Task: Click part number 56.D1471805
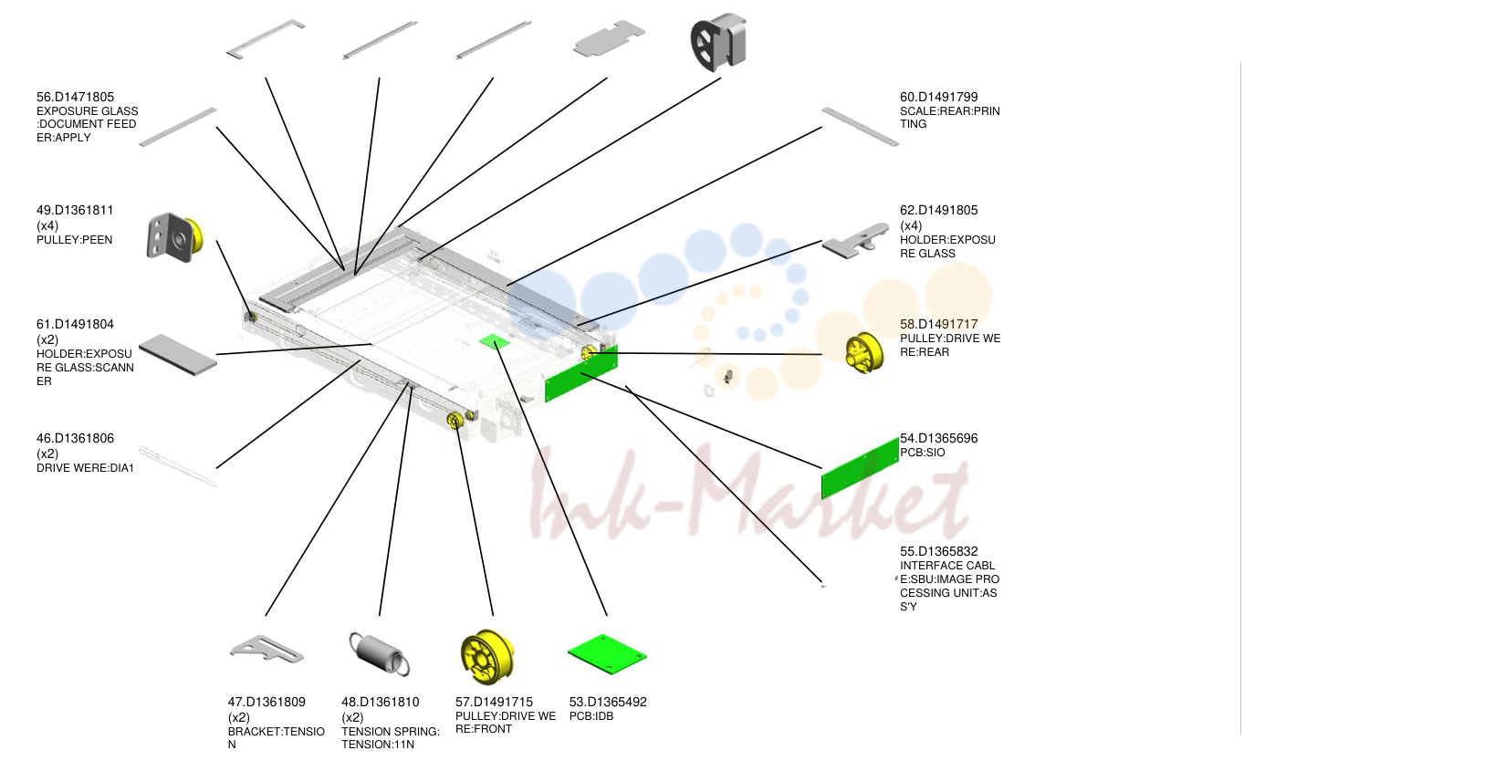tap(75, 98)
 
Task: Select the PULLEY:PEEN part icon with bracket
tap(174, 238)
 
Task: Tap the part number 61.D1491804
tap(75, 325)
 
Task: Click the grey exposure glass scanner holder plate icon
tap(178, 355)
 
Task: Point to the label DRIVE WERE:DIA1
tap(85, 468)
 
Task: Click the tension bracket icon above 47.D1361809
tap(267, 649)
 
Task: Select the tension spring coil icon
tap(379, 653)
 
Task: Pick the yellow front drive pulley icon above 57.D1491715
tap(487, 656)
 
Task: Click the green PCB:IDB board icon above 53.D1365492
tap(607, 653)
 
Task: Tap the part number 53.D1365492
tap(608, 702)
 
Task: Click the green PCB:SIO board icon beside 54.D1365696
tap(860, 468)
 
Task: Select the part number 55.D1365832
tap(939, 551)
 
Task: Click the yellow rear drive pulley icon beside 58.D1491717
tap(864, 352)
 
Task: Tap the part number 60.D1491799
tap(939, 98)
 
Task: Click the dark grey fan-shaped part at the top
tap(718, 42)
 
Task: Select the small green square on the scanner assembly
tap(495, 342)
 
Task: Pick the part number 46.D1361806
tap(75, 439)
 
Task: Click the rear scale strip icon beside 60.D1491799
tap(860, 126)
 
